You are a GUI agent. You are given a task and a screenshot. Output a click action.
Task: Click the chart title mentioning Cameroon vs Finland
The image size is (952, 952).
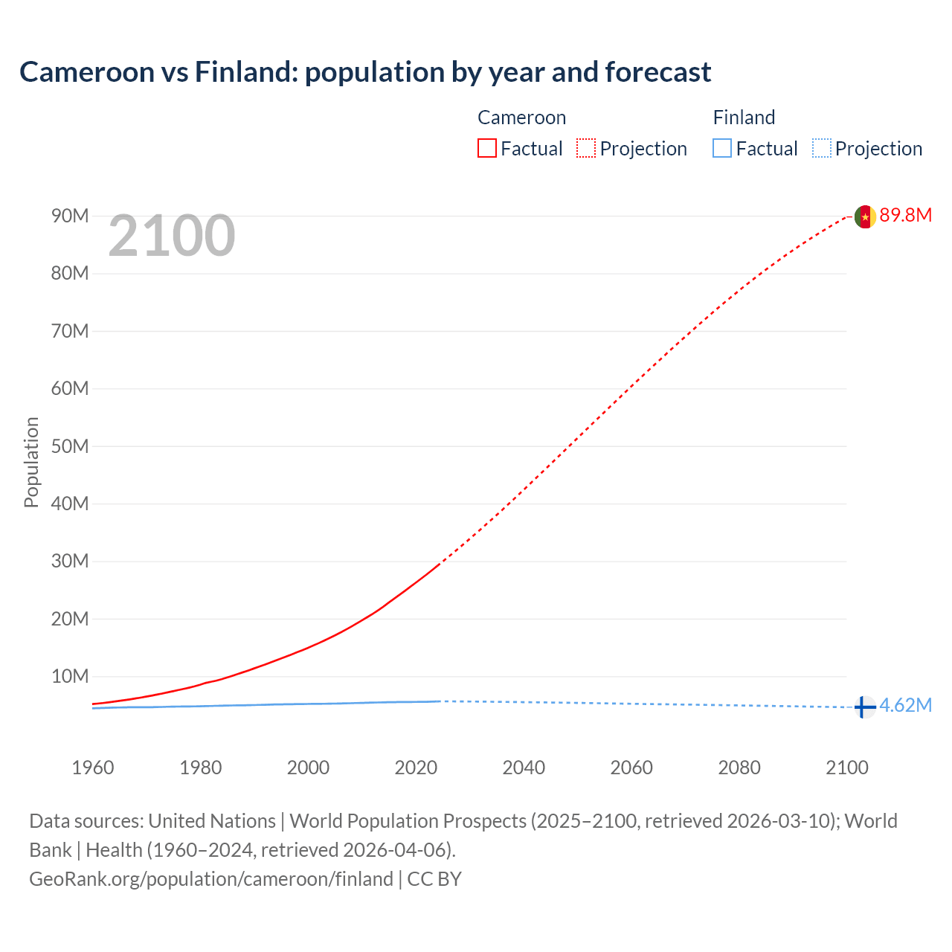click(x=365, y=72)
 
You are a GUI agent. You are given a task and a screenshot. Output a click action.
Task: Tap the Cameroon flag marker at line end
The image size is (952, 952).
click(x=864, y=216)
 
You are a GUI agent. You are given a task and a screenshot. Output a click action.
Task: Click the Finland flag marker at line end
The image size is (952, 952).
click(x=863, y=707)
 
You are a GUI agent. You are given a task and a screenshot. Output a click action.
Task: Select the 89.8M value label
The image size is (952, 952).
click(x=905, y=216)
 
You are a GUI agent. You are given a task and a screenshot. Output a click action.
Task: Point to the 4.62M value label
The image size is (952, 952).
click(x=905, y=706)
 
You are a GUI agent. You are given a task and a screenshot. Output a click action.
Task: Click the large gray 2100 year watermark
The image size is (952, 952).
click(x=172, y=237)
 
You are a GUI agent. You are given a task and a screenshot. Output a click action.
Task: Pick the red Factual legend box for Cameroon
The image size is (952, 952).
click(x=486, y=149)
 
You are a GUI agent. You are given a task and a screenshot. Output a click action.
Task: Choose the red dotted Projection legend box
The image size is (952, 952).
click(x=586, y=149)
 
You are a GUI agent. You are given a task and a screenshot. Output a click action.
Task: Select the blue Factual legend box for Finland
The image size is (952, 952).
click(x=721, y=149)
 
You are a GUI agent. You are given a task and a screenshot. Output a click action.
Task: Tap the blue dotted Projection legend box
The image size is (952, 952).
click(x=821, y=149)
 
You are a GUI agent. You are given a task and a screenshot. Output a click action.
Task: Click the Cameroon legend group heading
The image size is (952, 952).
click(x=521, y=118)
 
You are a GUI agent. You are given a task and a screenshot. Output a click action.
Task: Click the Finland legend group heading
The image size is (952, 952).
click(x=744, y=118)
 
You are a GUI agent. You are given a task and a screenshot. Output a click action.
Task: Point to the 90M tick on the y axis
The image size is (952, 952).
click(x=70, y=216)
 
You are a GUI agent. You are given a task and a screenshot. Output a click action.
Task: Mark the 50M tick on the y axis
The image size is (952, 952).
click(x=70, y=446)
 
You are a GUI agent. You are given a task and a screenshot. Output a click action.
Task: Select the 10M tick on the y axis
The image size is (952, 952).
click(x=70, y=677)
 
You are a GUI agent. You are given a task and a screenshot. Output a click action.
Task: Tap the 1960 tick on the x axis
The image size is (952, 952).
click(x=93, y=768)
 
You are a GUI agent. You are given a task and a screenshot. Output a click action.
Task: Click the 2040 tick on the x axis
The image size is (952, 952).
click(x=524, y=768)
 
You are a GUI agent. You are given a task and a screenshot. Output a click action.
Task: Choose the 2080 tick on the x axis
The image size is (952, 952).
click(x=739, y=768)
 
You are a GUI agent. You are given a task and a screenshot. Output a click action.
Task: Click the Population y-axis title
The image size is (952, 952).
click(x=31, y=462)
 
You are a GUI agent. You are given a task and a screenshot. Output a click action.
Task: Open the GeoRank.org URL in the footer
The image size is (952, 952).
click(x=211, y=879)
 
